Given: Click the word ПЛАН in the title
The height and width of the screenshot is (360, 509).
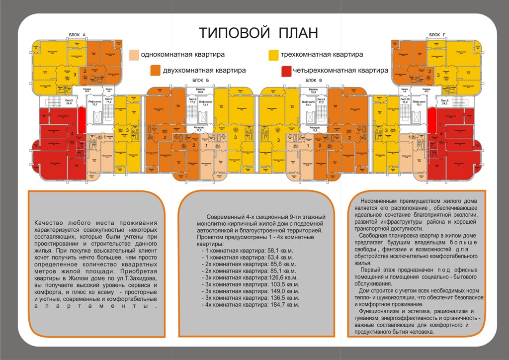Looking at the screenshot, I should [x=293, y=33].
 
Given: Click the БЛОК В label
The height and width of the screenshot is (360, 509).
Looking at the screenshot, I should [x=314, y=80].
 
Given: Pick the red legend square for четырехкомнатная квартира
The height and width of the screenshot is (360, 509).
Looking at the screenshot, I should [x=286, y=70].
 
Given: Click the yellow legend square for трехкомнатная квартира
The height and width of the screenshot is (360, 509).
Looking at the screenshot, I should [x=273, y=55].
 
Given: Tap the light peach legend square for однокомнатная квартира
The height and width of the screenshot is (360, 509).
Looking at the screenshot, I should [x=134, y=55].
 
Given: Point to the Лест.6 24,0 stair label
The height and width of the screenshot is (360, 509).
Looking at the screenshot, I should [x=442, y=103].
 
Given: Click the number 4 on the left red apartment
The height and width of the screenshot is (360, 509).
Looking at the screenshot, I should [x=73, y=134].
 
